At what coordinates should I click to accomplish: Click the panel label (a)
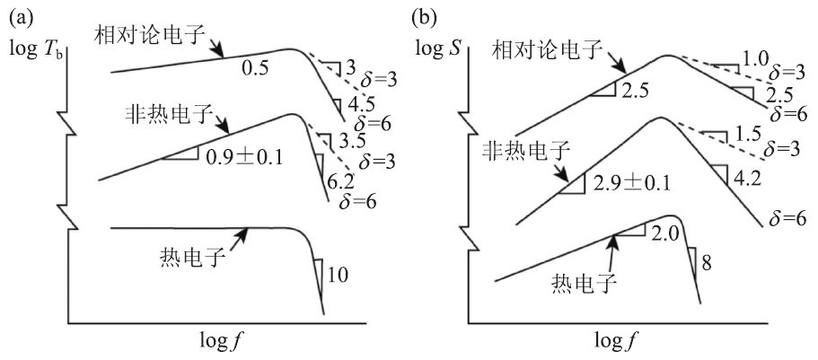[22, 16]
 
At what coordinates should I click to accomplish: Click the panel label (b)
[425, 16]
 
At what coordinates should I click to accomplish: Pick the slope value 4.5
[356, 101]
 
